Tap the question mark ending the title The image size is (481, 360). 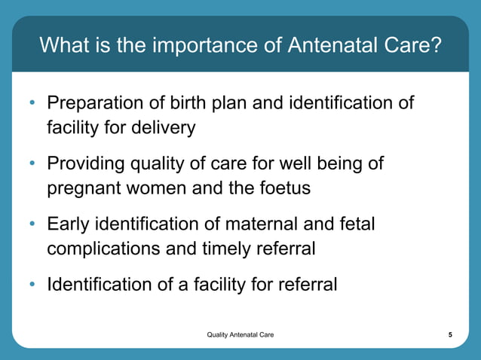tap(435, 47)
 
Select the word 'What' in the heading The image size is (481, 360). tap(63, 47)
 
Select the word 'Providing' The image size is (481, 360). tap(84, 164)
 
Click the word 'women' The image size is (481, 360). tap(152, 188)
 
